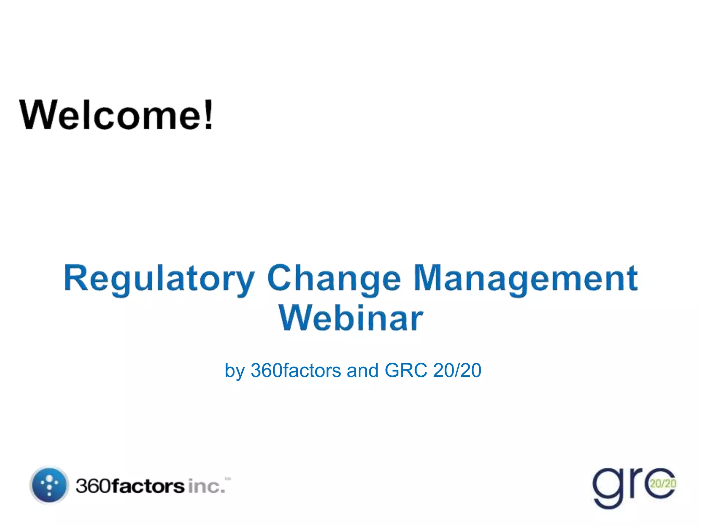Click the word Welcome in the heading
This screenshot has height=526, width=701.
tap(111, 115)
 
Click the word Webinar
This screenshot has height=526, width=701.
tap(351, 318)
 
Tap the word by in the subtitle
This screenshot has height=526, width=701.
tap(234, 371)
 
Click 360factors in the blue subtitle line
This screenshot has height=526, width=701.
tap(296, 371)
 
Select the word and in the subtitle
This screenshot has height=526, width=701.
tap(362, 371)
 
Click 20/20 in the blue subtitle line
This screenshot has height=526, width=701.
tap(457, 371)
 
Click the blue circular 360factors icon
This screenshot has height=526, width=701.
tap(49, 485)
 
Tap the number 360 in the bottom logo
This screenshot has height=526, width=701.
tap(93, 486)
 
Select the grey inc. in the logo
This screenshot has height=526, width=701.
tap(206, 487)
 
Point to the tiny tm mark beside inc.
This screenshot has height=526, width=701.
tap(228, 479)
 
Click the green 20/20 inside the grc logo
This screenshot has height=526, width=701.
tap(663, 484)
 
